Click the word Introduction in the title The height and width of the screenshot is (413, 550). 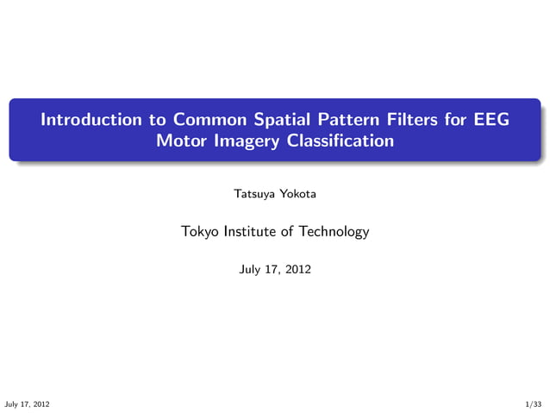(x=93, y=119)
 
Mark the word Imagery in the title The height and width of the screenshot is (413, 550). (x=241, y=141)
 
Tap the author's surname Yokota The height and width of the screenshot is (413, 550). (x=297, y=194)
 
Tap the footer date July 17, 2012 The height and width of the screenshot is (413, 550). (x=27, y=404)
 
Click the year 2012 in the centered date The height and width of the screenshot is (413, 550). (x=298, y=270)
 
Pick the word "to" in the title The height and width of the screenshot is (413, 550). (x=157, y=119)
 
